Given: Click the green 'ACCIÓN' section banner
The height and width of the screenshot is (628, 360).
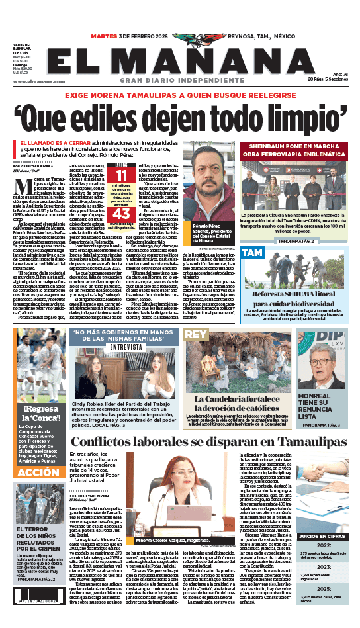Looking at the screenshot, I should pos(38,472).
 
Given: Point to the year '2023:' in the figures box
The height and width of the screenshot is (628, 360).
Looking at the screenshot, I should pos(323,567).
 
